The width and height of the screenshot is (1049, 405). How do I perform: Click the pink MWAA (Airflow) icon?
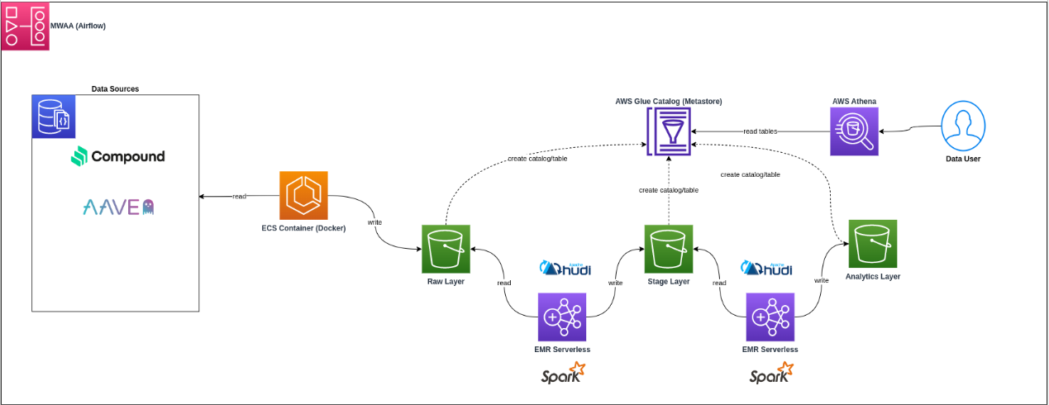tap(25, 26)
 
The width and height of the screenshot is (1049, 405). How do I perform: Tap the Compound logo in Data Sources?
tap(117, 156)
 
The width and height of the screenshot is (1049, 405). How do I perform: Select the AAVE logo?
tap(118, 207)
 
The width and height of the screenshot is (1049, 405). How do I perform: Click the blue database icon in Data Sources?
tap(53, 116)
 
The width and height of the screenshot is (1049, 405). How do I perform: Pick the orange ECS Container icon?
tap(303, 195)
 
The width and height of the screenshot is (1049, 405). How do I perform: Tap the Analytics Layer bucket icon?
tap(872, 244)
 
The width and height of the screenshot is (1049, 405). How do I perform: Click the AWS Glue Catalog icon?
tap(669, 131)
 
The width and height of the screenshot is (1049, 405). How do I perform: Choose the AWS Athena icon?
tap(854, 131)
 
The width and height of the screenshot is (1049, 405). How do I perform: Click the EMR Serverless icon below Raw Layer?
tap(562, 317)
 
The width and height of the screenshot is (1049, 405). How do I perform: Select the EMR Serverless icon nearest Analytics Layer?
tap(770, 317)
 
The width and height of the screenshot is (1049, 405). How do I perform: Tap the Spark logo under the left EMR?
tap(562, 376)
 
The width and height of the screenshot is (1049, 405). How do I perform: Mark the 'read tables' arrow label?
tap(761, 131)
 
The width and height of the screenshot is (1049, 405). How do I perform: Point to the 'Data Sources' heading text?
tap(115, 88)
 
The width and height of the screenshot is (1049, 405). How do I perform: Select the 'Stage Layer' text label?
tap(668, 282)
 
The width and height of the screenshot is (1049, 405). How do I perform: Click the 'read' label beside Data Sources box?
tap(238, 196)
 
